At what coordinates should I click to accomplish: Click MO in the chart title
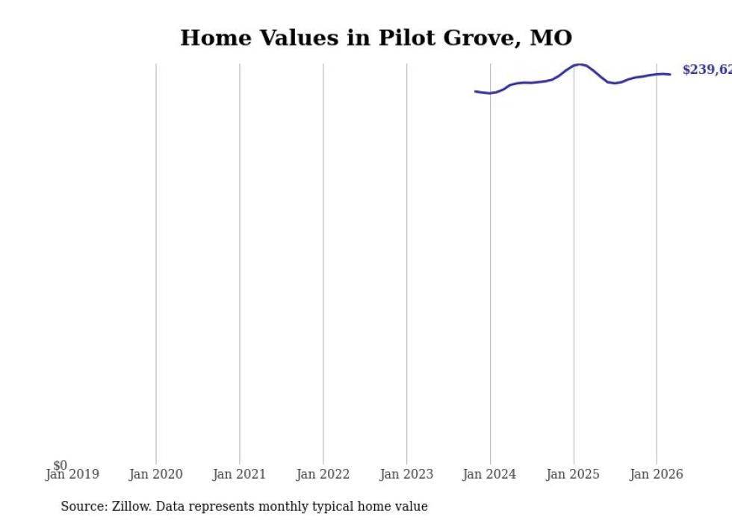tap(551, 38)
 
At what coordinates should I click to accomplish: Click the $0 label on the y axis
tap(60, 466)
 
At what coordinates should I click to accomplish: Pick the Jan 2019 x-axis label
tap(72, 475)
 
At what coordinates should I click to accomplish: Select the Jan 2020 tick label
tap(155, 475)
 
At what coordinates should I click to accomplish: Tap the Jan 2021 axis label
tap(239, 475)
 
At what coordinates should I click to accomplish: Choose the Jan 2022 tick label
tap(323, 475)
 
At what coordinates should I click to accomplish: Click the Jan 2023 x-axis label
tap(406, 475)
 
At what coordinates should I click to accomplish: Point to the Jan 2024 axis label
tap(489, 475)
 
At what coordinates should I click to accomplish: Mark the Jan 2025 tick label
tap(573, 475)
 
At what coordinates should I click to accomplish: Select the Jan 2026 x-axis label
tap(657, 475)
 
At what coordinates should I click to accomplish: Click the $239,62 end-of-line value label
tap(707, 70)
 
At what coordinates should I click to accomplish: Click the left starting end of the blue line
tap(476, 91)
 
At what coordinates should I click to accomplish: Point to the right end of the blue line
tap(669, 74)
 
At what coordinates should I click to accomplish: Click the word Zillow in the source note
tap(131, 507)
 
